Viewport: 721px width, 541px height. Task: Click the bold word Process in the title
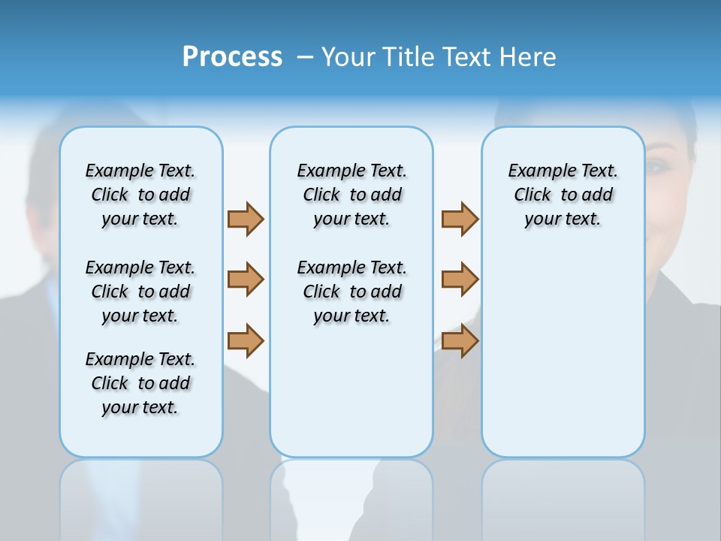coord(232,57)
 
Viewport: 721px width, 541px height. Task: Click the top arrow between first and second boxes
coord(246,219)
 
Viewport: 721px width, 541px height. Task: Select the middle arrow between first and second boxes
coord(246,280)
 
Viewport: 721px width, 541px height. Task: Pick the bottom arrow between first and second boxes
coord(246,340)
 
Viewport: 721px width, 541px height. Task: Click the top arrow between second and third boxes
coord(460,219)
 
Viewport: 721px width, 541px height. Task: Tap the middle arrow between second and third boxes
coord(460,280)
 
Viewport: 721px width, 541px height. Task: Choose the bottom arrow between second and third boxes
coord(460,340)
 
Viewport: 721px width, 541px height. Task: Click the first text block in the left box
coord(140,195)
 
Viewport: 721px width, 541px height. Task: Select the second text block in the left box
coord(140,292)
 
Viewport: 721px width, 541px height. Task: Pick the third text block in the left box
coord(140,383)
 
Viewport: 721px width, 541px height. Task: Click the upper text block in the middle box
coord(351,195)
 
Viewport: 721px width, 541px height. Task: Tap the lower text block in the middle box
coord(351,292)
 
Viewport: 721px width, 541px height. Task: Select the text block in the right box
coord(563,195)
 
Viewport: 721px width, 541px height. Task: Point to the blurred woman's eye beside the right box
coord(658,166)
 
